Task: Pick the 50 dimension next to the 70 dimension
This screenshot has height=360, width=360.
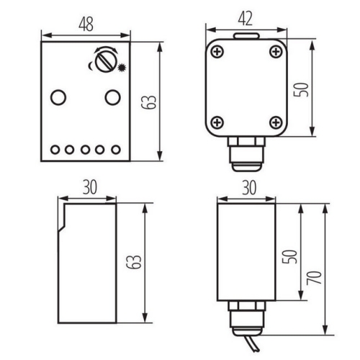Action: pyautogui.click(x=289, y=256)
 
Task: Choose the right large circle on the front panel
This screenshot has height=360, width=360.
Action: pyautogui.click(x=112, y=96)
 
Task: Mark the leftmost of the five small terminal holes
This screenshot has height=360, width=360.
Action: pyautogui.click(x=55, y=150)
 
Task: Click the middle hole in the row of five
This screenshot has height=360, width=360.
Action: pyautogui.click(x=84, y=150)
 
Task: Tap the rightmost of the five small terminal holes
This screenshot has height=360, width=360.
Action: pyautogui.click(x=113, y=150)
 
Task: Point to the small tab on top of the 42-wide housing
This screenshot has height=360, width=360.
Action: pyautogui.click(x=246, y=34)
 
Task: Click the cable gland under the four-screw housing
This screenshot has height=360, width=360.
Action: pyautogui.click(x=245, y=153)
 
